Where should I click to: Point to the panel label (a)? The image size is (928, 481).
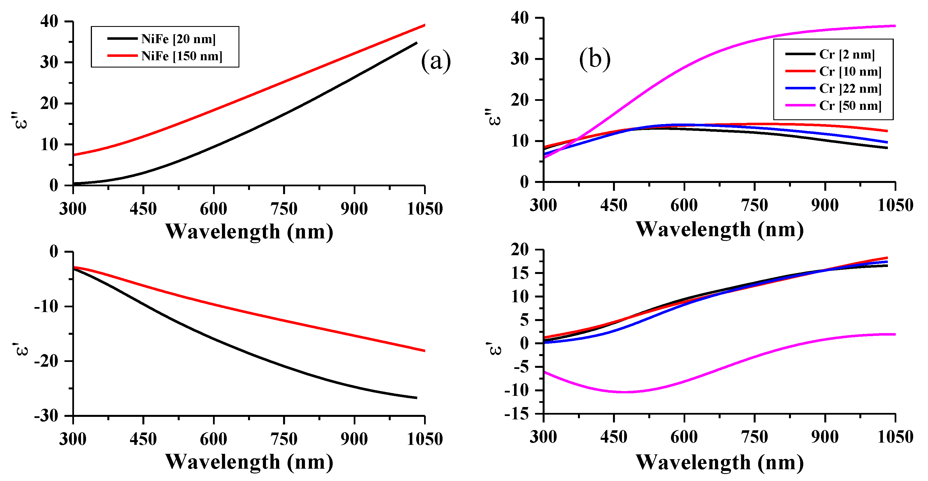[436, 61]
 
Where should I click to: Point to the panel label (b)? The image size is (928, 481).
[595, 59]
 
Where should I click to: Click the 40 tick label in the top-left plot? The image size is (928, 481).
[49, 21]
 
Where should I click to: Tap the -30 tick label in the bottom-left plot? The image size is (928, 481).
[46, 416]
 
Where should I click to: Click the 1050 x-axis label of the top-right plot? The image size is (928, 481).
[895, 206]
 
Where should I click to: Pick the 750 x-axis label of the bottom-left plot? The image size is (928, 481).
[284, 439]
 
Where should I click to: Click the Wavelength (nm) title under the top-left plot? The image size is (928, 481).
[249, 231]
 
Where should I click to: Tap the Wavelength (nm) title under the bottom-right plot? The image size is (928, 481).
[719, 462]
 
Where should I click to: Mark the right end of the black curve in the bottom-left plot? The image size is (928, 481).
[417, 398]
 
